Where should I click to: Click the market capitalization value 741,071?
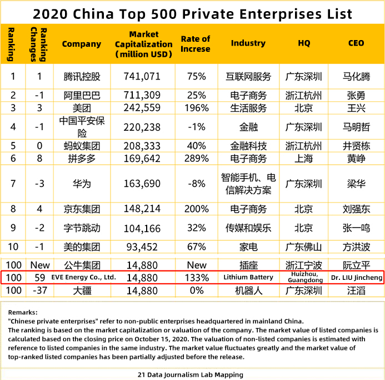pyautogui.click(x=143, y=76)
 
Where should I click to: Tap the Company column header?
pyautogui.click(x=82, y=44)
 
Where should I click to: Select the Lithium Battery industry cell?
pyautogui.click(x=248, y=277)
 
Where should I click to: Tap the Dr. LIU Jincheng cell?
pyautogui.click(x=356, y=277)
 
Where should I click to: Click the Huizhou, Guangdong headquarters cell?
pyautogui.click(x=304, y=277)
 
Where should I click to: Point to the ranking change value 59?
pyautogui.click(x=39, y=277)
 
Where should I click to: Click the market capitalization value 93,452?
pyautogui.click(x=143, y=247)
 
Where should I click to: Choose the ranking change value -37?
pyautogui.click(x=39, y=290)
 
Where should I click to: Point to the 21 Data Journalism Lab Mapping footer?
pyautogui.click(x=192, y=374)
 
